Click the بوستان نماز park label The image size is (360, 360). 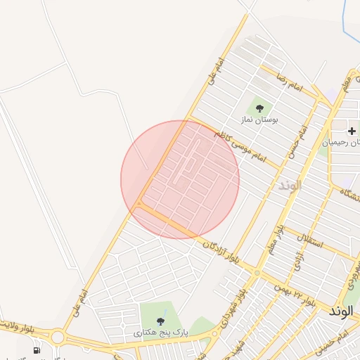[259, 120]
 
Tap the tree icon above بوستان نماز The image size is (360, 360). [260, 108]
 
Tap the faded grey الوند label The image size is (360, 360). [289, 186]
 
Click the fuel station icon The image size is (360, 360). [36, 349]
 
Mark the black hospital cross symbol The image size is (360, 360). [352, 131]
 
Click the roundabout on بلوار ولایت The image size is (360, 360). [58, 338]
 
